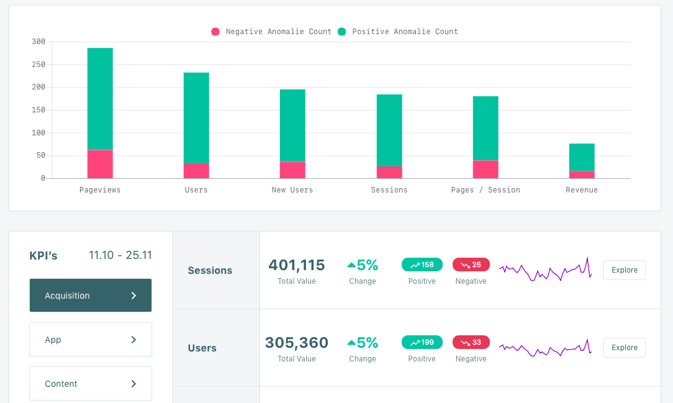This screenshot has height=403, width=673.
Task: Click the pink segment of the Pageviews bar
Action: (x=100, y=164)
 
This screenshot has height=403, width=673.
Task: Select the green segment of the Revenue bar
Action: (x=582, y=157)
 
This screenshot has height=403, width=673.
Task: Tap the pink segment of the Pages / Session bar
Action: (x=486, y=169)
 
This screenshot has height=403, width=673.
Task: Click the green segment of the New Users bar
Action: (x=292, y=125)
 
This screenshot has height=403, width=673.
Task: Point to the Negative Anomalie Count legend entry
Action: (x=272, y=32)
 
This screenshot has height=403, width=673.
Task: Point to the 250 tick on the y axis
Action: (x=38, y=65)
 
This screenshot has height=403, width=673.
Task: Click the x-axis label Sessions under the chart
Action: (x=389, y=190)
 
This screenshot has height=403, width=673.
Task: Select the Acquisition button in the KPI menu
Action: (x=91, y=296)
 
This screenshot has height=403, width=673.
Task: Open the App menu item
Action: (x=91, y=340)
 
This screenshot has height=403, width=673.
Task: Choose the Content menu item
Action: (x=91, y=384)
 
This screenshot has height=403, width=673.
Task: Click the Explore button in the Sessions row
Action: (x=625, y=270)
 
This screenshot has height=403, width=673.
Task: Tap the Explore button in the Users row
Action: (x=625, y=348)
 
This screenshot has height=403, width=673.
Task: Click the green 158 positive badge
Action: (x=422, y=265)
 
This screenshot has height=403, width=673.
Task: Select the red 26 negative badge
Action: (x=471, y=265)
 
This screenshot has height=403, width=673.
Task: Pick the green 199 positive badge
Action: (x=422, y=342)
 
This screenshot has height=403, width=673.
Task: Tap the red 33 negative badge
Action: (x=471, y=342)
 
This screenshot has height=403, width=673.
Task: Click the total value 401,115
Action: (x=297, y=265)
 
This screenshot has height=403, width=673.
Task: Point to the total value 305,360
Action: (x=297, y=343)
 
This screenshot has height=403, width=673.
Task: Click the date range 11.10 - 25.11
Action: (x=120, y=255)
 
